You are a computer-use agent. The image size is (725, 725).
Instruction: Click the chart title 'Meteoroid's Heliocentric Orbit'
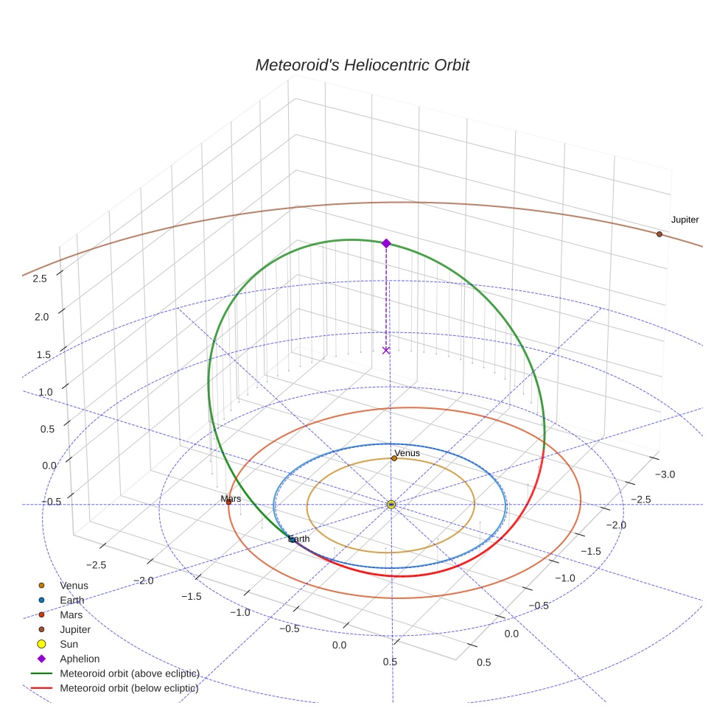[362, 65]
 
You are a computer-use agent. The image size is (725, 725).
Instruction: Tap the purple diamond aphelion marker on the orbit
[386, 243]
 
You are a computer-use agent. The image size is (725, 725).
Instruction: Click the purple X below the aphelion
[386, 350]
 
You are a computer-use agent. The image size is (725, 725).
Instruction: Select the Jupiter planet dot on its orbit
[659, 234]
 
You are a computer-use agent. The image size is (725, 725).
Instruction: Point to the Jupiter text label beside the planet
[684, 220]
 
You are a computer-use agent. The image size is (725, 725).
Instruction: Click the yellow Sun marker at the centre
[391, 505]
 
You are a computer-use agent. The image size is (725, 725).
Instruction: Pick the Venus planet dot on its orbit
[394, 458]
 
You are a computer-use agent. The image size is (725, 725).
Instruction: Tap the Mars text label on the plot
[231, 499]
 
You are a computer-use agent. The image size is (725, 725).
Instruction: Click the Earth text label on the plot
[298, 539]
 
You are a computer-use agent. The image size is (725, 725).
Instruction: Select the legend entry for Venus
[74, 586]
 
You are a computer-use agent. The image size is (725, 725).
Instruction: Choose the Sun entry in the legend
[69, 644]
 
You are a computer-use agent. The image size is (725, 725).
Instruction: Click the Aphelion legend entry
[80, 659]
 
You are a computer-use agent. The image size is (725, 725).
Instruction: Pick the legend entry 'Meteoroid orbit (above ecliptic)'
[129, 673]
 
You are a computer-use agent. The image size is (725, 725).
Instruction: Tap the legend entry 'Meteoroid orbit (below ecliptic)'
[129, 688]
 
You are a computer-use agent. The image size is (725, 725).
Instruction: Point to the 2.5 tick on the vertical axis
[40, 279]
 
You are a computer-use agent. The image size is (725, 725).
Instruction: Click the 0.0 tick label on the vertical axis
[50, 466]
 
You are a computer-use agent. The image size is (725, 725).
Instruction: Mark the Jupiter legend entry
[75, 629]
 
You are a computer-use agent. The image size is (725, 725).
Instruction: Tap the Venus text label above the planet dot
[407, 452]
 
